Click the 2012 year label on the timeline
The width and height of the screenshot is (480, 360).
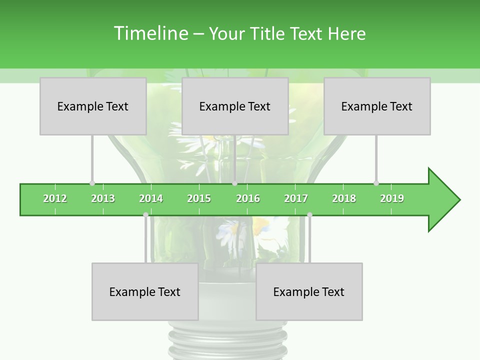pos(55,198)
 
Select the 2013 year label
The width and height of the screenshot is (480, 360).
pos(103,198)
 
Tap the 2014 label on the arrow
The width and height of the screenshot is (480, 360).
pos(151,198)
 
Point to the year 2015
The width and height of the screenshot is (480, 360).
pos(199,198)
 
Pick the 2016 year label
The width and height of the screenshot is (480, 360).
pos(248,198)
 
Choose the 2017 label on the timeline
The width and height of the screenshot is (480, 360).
pos(296,198)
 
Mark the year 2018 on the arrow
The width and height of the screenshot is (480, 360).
pos(344,198)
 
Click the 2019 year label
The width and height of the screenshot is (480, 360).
pos(392,198)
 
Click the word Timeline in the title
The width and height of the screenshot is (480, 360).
pos(150,33)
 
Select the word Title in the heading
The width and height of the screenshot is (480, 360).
pos(269,33)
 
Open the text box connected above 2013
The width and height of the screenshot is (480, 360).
pos(93,106)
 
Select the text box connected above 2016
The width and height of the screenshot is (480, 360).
pos(235,106)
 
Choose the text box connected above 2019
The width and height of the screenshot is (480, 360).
pos(377,106)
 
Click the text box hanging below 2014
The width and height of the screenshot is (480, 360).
pos(145,291)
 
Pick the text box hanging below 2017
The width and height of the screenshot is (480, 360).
pos(309,291)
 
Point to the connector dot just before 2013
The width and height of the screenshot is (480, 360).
pos(92,183)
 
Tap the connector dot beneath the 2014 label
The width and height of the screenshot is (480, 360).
pos(145,215)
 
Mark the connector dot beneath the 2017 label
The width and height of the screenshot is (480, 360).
pos(309,215)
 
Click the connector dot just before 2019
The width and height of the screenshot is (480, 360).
pos(376,183)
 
